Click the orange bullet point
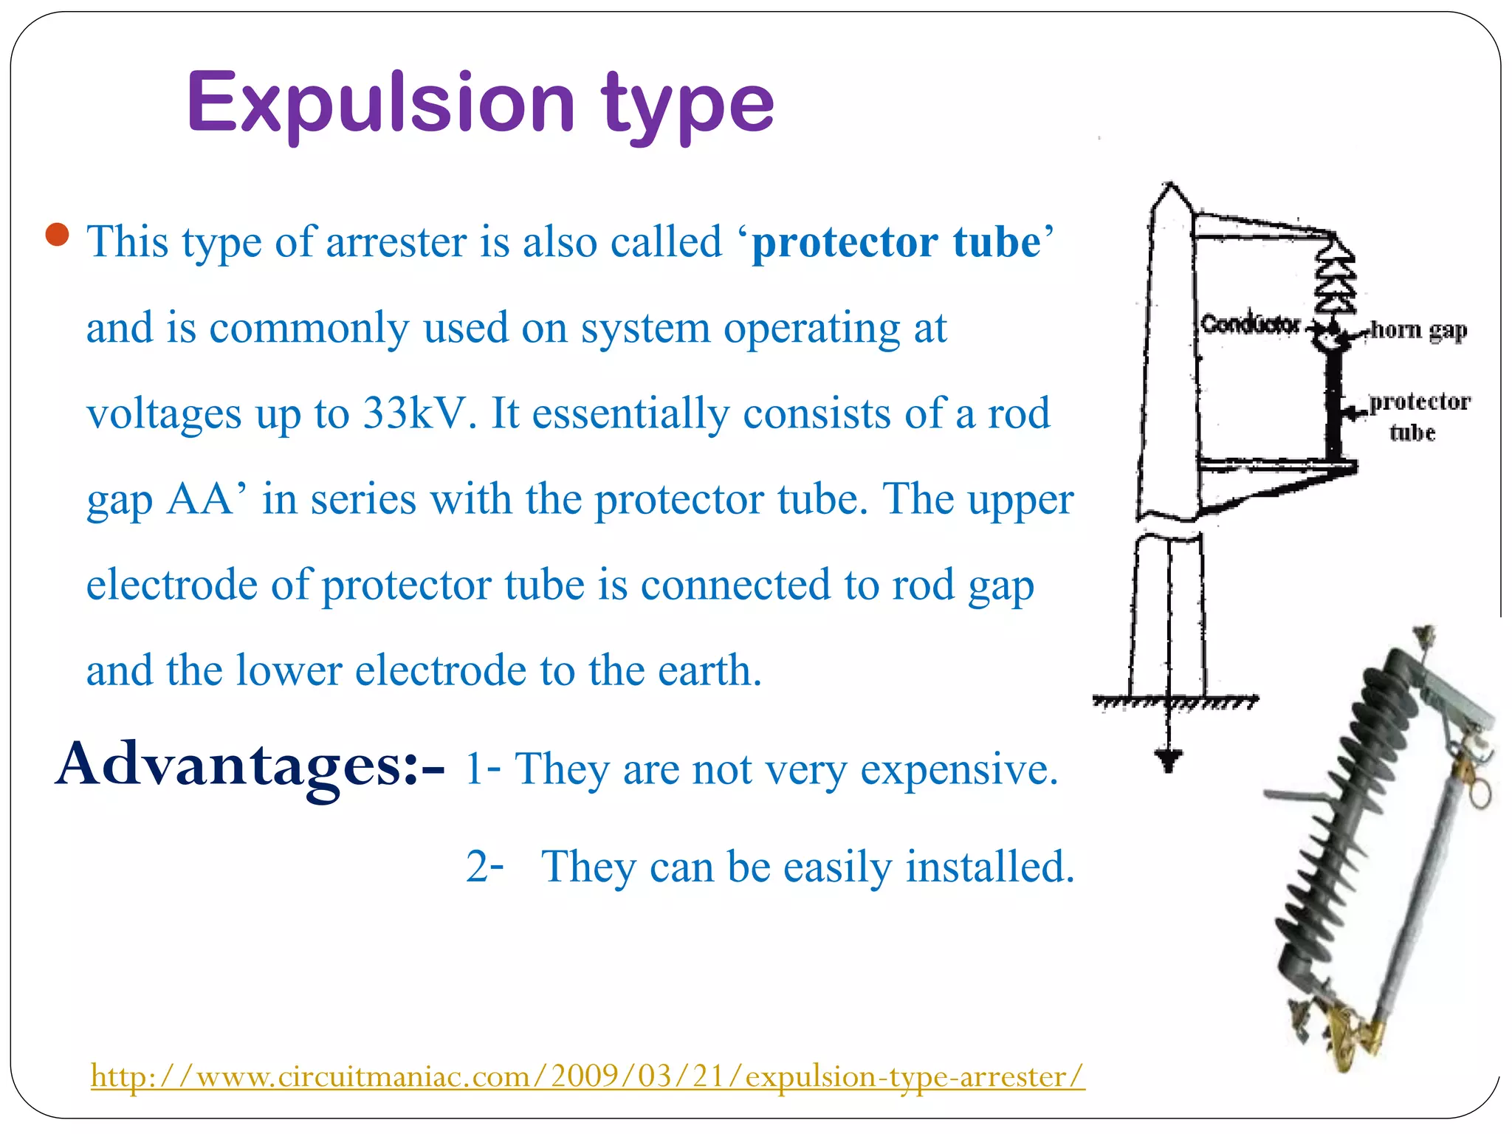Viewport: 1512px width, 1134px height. [57, 236]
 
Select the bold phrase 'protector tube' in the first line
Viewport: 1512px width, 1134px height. [896, 242]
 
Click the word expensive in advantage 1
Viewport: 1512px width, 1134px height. [959, 769]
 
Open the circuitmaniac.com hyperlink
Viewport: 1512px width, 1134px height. [588, 1076]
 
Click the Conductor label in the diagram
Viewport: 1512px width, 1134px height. [1250, 323]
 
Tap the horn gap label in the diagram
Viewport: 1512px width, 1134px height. [1418, 330]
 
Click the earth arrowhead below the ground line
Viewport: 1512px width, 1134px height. [1168, 758]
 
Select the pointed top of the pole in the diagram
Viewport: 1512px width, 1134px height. [1169, 190]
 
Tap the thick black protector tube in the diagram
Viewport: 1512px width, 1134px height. [1334, 406]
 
